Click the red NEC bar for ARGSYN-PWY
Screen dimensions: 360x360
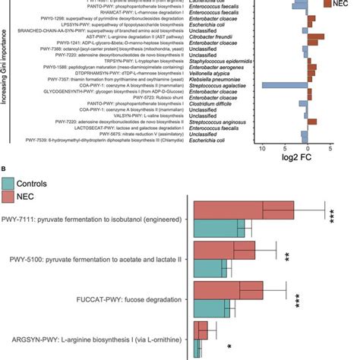click(x=201, y=330)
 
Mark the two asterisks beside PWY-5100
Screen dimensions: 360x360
click(x=286, y=258)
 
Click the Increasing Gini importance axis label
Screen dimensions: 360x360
click(x=6, y=76)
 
